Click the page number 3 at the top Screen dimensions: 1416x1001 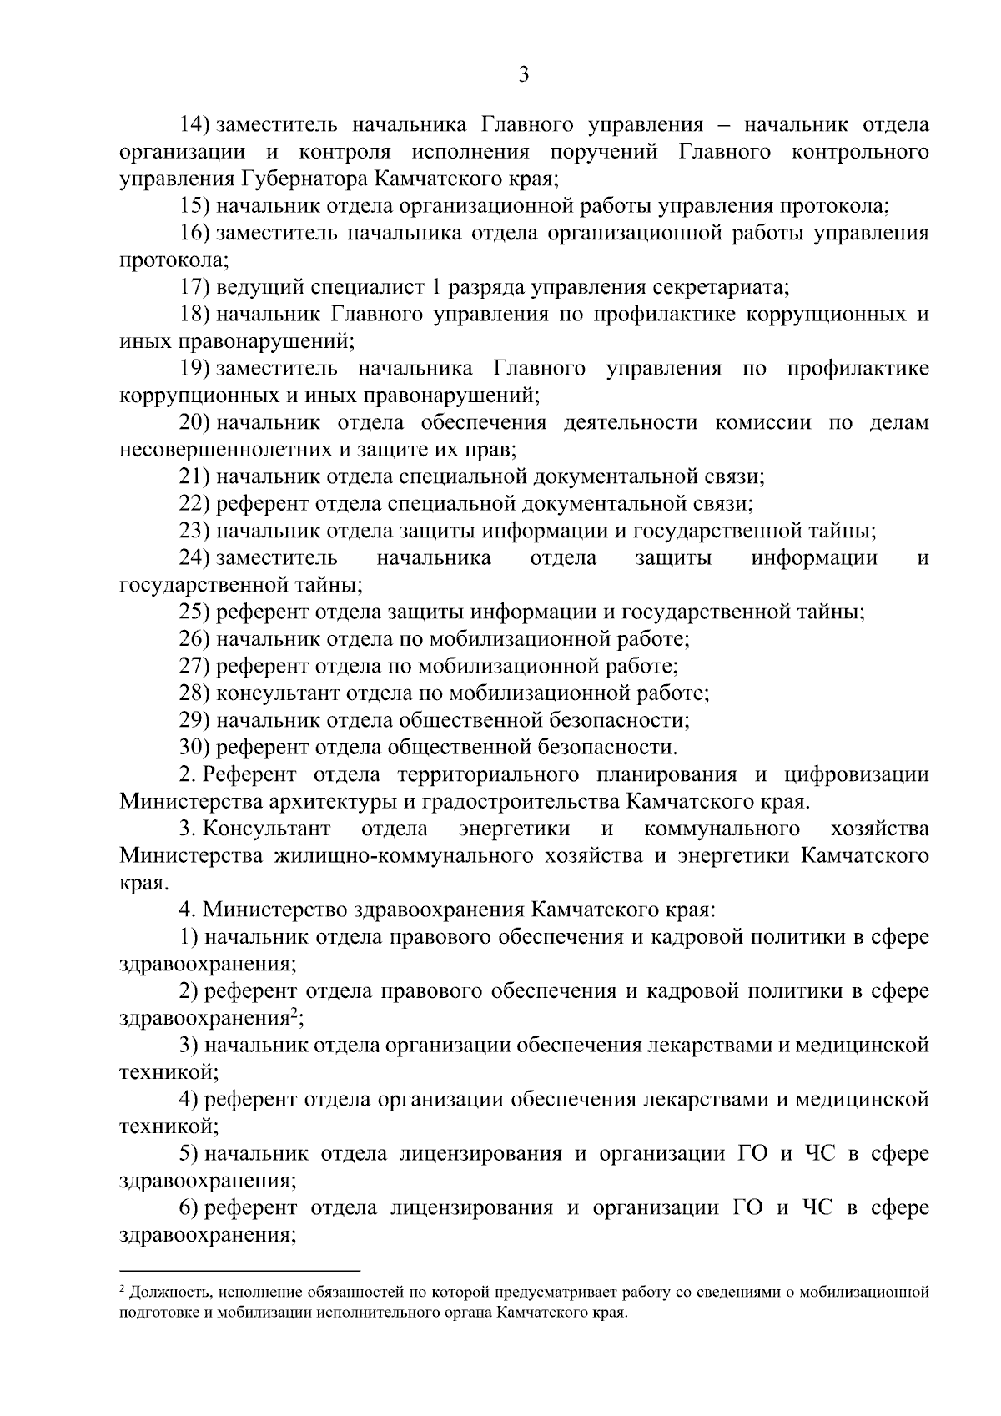click(x=523, y=75)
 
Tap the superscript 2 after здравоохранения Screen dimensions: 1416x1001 click(x=293, y=1013)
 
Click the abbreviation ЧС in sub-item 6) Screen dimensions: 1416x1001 click(x=817, y=1207)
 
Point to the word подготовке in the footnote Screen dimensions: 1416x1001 click(x=153, y=1312)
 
